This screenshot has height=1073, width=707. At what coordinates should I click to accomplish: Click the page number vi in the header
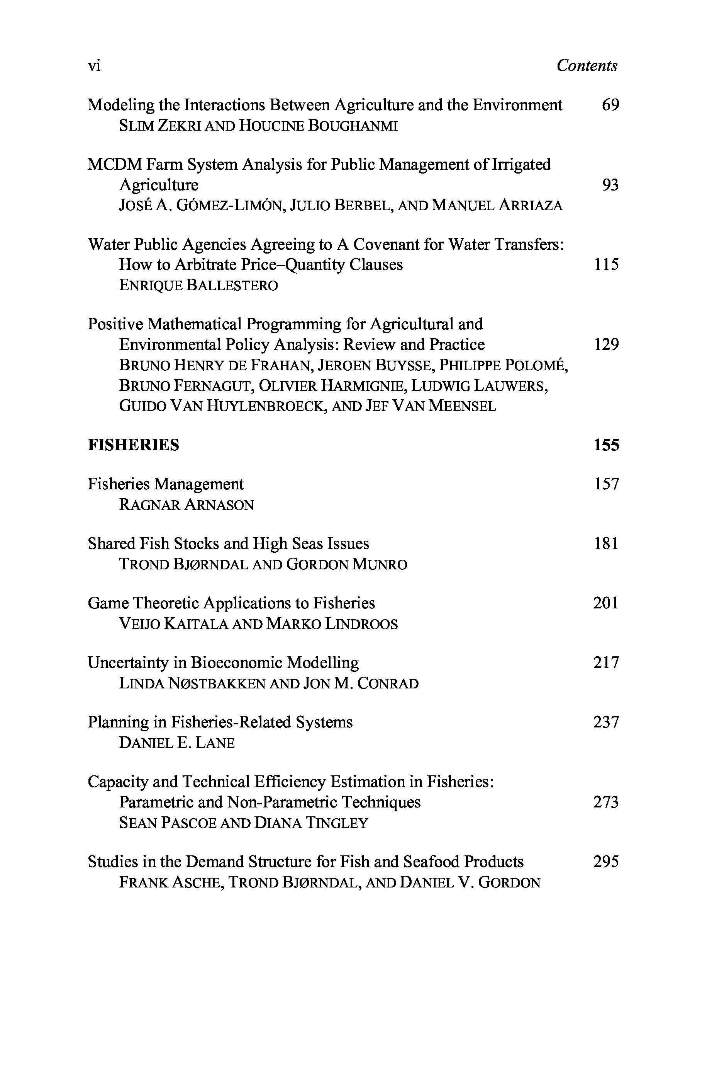[x=94, y=66]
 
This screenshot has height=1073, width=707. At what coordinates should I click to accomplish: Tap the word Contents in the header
[x=586, y=66]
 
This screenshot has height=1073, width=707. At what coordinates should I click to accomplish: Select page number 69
[x=610, y=105]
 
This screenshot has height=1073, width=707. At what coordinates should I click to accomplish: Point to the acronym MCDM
[x=115, y=165]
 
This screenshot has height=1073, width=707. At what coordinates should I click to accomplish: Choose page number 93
[x=610, y=185]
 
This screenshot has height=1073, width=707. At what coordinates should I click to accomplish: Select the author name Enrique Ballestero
[x=198, y=286]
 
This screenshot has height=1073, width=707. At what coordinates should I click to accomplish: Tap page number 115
[x=606, y=265]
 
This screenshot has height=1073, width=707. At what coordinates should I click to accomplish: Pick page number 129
[x=606, y=345]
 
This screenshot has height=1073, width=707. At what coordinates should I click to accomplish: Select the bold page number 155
[x=606, y=445]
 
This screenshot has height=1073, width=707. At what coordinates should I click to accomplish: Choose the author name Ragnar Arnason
[x=186, y=505]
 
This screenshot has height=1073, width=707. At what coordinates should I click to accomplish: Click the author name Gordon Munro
[x=346, y=564]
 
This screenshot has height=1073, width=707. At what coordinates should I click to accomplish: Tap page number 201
[x=605, y=603]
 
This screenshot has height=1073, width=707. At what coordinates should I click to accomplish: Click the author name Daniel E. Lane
[x=177, y=743]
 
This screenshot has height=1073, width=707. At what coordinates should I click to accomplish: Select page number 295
[x=605, y=862]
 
